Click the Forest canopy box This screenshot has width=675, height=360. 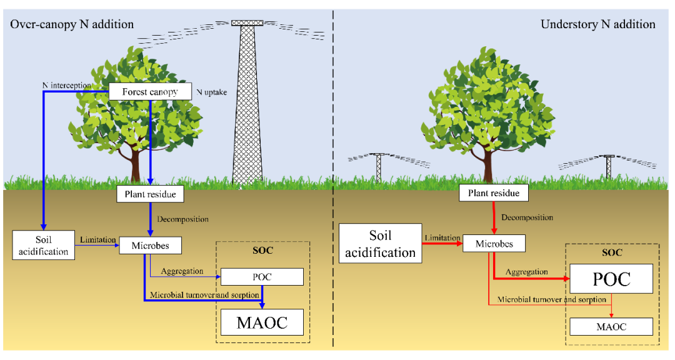149,92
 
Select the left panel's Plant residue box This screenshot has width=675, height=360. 150,194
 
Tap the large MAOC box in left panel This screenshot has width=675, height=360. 262,322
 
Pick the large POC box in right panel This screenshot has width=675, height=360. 612,279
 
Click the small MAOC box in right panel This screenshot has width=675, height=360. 611,326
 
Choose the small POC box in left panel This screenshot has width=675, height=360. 262,277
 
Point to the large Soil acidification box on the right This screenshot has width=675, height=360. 380,243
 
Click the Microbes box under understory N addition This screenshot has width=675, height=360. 494,243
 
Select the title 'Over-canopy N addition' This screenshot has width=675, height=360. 71,24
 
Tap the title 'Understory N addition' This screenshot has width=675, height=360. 597,24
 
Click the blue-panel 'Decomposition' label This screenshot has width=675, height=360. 183,219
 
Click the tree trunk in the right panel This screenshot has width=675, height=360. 487,166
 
